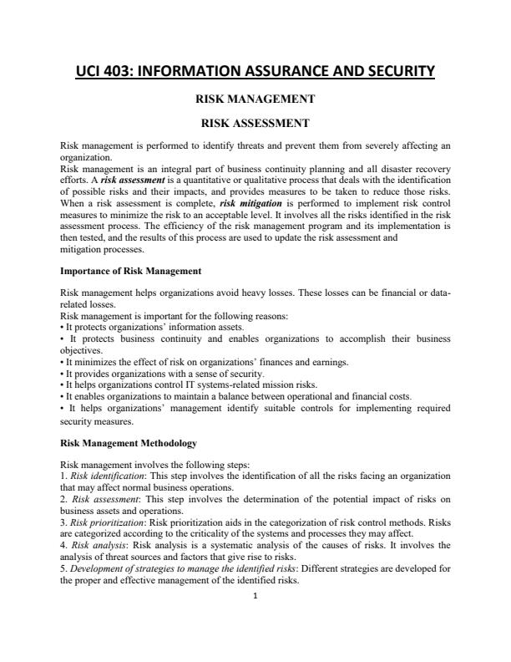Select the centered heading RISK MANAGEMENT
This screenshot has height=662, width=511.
[254, 99]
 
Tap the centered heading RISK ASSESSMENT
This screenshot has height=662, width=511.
[254, 123]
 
